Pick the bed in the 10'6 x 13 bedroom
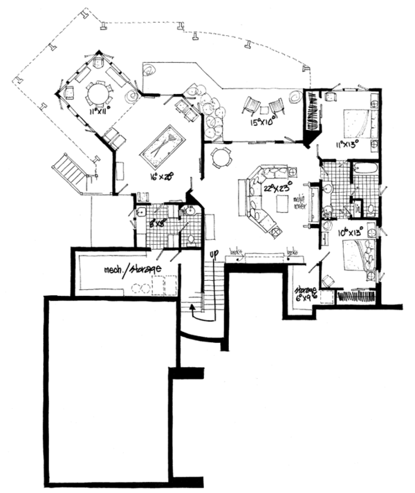[358, 259]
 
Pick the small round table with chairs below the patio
[221, 157]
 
